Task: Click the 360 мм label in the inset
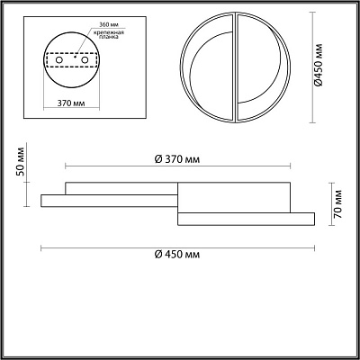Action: pos(109,24)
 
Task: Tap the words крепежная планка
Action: pos(109,35)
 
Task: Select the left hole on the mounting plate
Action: pos(59,60)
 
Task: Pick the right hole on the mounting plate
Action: pos(85,60)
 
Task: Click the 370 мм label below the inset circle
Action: pos(71,103)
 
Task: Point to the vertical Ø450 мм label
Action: pos(319,65)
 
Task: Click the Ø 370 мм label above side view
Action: pos(177,159)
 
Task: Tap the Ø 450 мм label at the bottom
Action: pos(177,255)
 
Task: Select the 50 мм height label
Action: pos(20,162)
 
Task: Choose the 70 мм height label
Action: pos(337,203)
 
